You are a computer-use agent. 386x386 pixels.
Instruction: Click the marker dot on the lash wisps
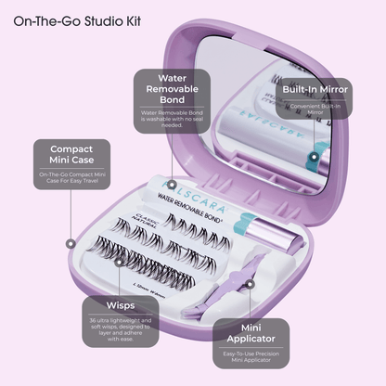pyautogui.click(x=122, y=263)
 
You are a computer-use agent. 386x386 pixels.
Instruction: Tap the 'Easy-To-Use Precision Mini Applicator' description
pyautogui.click(x=253, y=360)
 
